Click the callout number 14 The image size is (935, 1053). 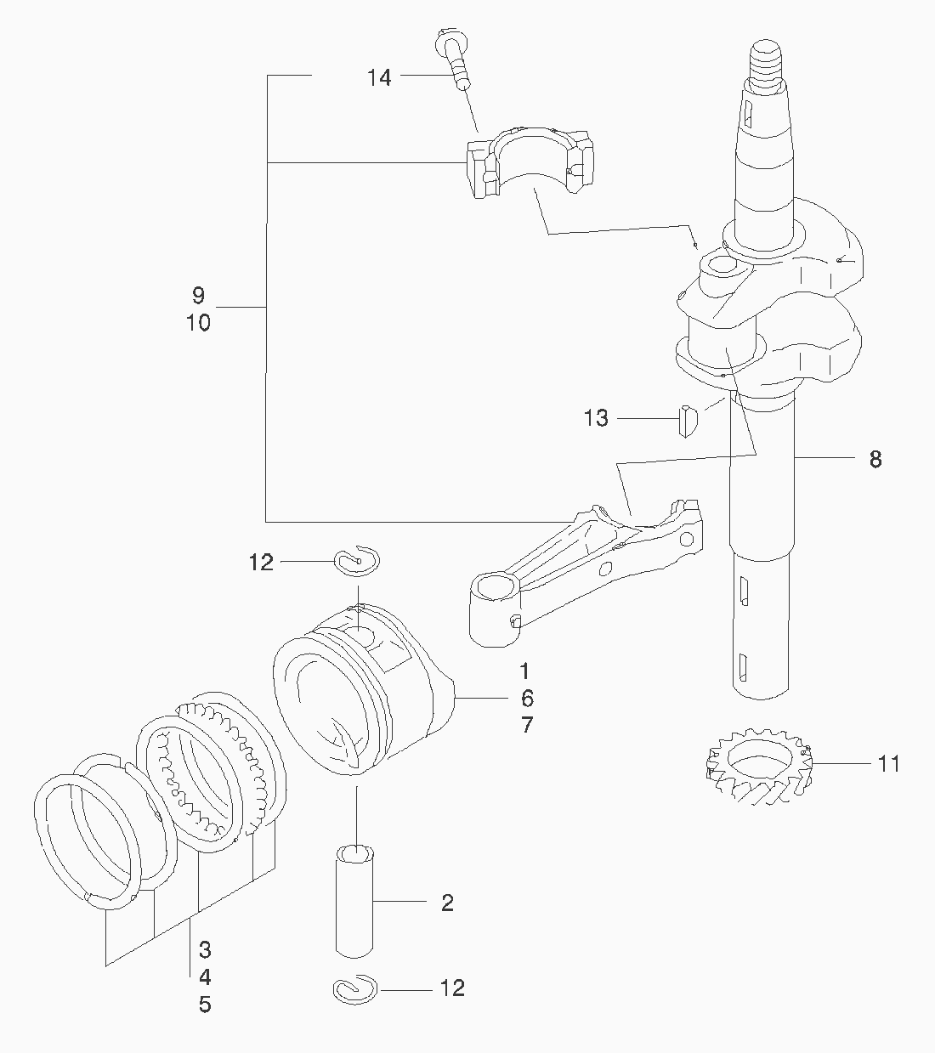click(379, 77)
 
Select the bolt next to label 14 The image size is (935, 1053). click(455, 59)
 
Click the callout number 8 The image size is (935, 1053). click(875, 460)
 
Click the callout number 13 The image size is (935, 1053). click(597, 418)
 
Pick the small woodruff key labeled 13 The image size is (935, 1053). click(688, 420)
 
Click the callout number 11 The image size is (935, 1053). click(888, 764)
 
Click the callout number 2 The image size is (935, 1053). click(447, 903)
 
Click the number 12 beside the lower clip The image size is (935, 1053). click(453, 988)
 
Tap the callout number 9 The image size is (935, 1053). click(198, 296)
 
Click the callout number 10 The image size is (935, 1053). click(198, 323)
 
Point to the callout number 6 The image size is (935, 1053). click(527, 699)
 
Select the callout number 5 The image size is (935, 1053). click(205, 1005)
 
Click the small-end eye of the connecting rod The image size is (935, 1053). click(494, 587)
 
